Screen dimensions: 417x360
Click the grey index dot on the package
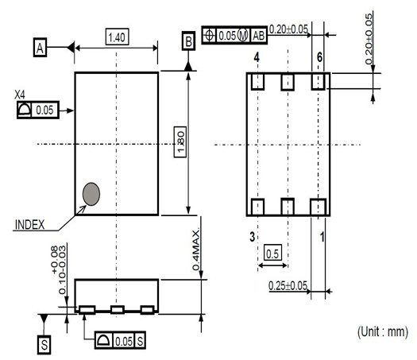point(91,194)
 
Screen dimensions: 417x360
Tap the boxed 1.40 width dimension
point(118,37)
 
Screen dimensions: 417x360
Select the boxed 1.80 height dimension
point(180,141)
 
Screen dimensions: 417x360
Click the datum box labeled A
point(41,48)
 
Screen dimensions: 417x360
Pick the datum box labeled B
point(188,41)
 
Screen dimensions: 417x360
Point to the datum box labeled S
point(44,345)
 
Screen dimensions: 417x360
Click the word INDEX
point(30,225)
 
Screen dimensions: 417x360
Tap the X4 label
point(20,95)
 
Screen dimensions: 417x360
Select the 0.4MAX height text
point(196,250)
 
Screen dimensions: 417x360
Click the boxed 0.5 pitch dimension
point(272,254)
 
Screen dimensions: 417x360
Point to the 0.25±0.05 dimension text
point(288,286)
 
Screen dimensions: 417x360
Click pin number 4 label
point(257,57)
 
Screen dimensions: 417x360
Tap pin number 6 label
point(319,57)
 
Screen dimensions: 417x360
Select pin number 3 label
point(253,236)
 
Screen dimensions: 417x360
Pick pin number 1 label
point(322,237)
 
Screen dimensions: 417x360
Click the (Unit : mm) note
point(383,332)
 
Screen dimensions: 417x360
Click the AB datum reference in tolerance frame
point(259,36)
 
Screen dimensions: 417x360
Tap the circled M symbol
point(242,35)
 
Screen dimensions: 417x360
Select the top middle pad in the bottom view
point(288,82)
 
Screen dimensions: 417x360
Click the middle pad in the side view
point(118,309)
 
